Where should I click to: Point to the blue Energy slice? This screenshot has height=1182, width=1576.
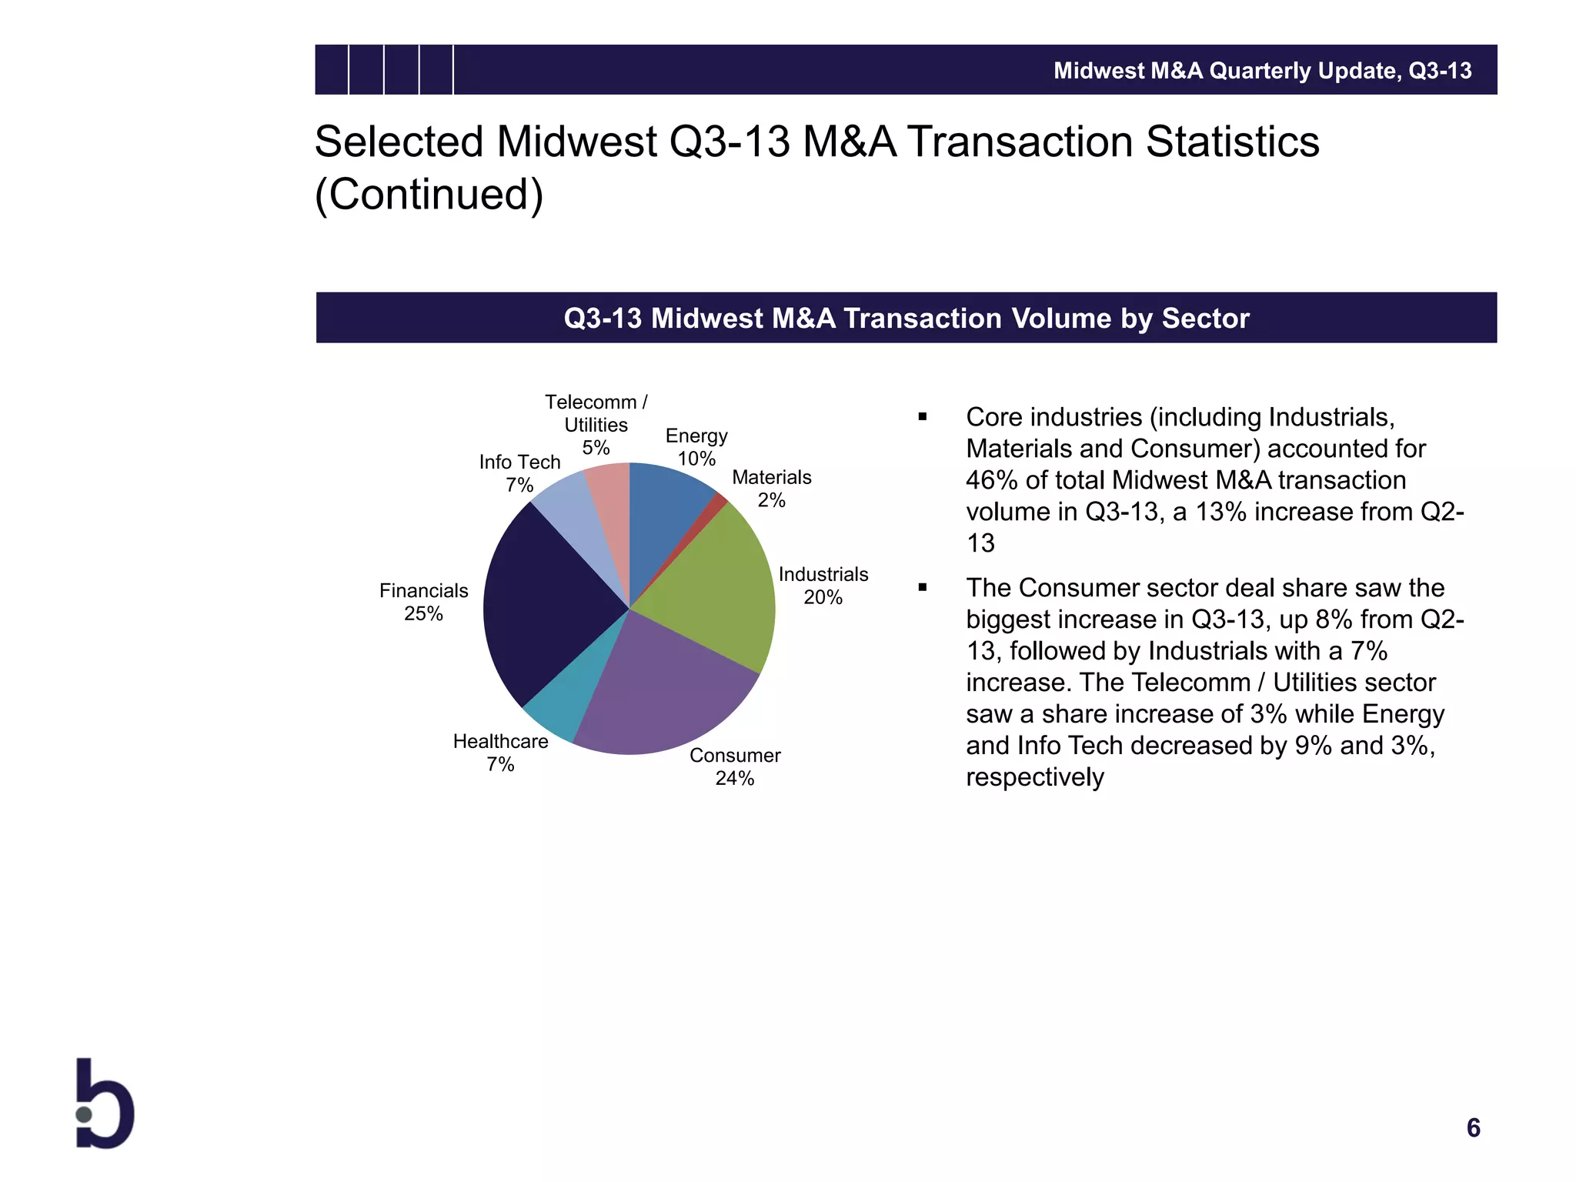(x=666, y=508)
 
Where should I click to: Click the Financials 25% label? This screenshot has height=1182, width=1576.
(x=423, y=602)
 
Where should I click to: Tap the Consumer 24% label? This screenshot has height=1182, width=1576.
(x=735, y=766)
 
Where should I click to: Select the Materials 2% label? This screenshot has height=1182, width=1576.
(x=771, y=489)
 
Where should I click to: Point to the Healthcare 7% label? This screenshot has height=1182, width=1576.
(x=500, y=753)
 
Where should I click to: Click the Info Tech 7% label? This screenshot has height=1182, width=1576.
(x=519, y=473)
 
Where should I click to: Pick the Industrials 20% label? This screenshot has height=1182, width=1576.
(x=823, y=586)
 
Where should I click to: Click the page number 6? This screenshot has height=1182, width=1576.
(x=1473, y=1127)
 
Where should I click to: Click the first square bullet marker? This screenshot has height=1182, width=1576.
(x=922, y=417)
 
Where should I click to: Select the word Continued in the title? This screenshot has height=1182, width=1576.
(x=429, y=194)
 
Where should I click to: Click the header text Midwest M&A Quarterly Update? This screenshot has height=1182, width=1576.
(x=1227, y=71)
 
